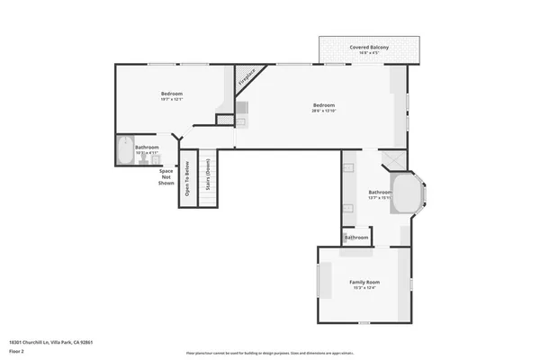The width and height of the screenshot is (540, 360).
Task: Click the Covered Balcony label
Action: (369, 47)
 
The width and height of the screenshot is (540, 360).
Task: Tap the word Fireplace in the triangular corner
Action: (247, 76)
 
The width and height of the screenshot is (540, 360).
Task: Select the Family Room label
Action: (364, 282)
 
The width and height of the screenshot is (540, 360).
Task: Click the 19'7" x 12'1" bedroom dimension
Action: (172, 100)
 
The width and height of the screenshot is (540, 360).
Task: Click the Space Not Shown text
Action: (166, 176)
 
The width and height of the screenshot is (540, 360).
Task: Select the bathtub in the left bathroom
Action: (123, 150)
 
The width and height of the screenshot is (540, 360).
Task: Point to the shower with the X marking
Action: (392, 160)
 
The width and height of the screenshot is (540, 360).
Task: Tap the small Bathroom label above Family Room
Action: (355, 238)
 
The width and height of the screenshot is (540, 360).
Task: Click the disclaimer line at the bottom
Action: (269, 352)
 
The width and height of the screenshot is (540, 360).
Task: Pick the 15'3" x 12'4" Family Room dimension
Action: (364, 288)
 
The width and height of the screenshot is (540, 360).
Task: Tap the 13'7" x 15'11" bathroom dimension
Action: (380, 198)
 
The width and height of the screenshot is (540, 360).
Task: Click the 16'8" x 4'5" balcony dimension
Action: (369, 54)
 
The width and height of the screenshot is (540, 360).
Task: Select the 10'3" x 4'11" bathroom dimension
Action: (147, 153)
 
